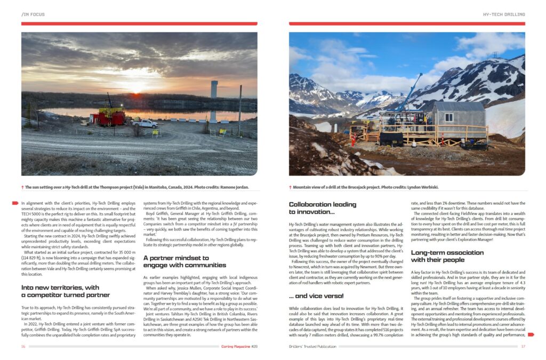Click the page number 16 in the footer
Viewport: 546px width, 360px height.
coord(23,347)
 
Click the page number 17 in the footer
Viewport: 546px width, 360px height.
coord(523,347)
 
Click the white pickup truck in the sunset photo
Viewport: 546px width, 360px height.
coord(145,123)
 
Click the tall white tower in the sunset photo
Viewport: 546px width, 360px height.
coord(214,90)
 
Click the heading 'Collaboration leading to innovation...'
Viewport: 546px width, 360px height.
coord(322,208)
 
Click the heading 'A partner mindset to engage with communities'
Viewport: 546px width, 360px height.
coord(177,261)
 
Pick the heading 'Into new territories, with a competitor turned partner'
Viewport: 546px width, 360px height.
coord(66,291)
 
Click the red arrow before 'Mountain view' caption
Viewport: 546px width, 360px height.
coord(291,187)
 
